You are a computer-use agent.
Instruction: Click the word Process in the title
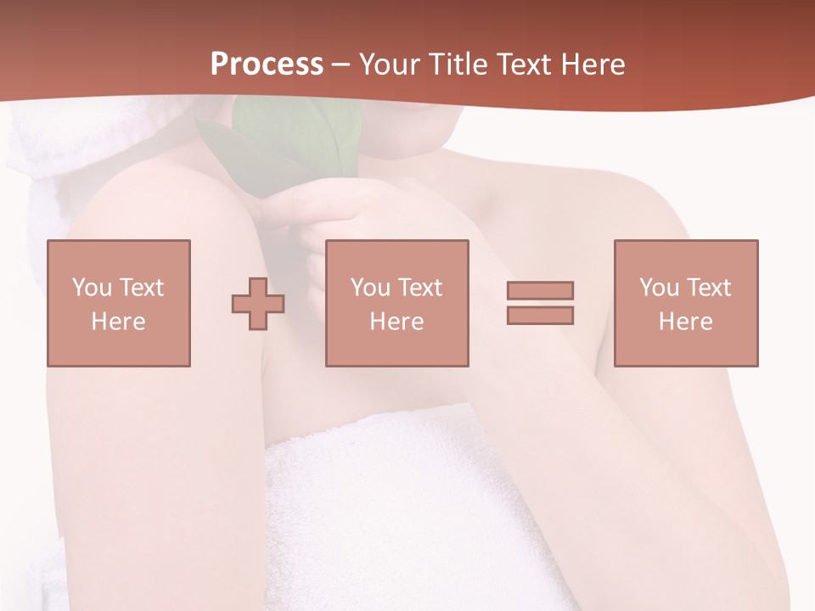point(267,64)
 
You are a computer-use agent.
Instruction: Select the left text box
point(119,303)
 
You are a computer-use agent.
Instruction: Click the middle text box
point(397,303)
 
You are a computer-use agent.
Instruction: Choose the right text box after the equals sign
point(686,303)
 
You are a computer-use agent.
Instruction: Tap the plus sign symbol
point(258,303)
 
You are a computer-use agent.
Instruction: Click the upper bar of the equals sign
point(540,290)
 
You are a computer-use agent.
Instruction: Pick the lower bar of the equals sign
point(540,315)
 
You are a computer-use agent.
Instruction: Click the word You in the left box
point(92,288)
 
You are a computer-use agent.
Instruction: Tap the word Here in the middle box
point(397,322)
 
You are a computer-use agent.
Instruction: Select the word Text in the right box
point(707,288)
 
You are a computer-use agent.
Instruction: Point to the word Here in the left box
point(119,322)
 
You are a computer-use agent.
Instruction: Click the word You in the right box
point(660,288)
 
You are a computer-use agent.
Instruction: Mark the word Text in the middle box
point(419,288)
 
